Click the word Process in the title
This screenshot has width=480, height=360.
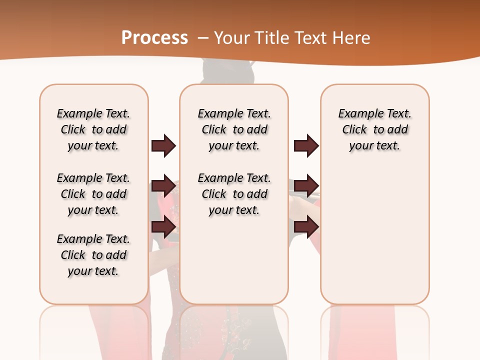pos(154,37)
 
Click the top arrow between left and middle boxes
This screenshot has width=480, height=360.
pos(164,145)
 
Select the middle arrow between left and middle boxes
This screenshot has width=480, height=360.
pos(164,186)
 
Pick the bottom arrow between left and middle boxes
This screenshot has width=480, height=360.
pos(164,227)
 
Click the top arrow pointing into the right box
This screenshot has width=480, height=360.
pos(306,145)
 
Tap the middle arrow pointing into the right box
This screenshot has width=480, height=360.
pos(306,186)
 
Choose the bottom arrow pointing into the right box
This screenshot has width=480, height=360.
pos(306,227)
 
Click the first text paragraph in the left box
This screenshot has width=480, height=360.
pos(93,129)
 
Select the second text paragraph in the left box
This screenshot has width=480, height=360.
pos(93,194)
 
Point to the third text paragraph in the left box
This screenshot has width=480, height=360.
pos(93,255)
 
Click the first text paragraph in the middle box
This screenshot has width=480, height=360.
pos(234,129)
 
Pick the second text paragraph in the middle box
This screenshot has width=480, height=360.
pos(234,194)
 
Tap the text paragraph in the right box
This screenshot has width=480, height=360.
pos(375,129)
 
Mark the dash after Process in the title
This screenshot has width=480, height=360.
pos(203,38)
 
